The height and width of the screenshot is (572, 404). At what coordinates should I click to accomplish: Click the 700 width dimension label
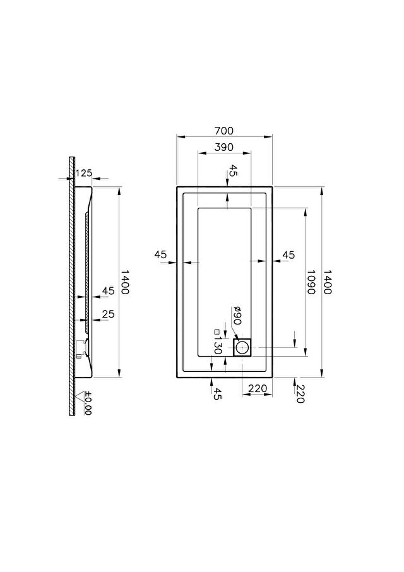(x=224, y=130)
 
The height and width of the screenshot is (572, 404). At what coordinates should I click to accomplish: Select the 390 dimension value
(x=224, y=147)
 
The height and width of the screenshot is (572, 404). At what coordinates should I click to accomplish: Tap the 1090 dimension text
(x=311, y=282)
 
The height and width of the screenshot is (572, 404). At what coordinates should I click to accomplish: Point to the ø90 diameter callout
(x=237, y=316)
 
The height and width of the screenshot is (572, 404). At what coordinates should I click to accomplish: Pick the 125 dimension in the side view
(x=85, y=172)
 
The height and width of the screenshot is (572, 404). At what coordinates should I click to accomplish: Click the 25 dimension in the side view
(x=109, y=314)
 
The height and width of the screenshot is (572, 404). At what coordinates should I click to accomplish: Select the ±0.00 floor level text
(x=88, y=403)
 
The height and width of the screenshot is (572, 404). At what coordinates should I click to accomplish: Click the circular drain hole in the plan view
(x=242, y=347)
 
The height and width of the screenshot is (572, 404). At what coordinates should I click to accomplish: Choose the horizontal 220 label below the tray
(x=258, y=388)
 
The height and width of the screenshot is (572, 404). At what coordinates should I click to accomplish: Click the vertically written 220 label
(x=299, y=394)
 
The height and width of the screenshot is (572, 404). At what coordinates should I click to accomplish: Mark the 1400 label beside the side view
(x=125, y=282)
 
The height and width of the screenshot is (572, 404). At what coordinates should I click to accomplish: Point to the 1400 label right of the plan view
(x=327, y=282)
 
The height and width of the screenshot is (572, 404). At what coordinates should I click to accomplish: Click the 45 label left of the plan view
(x=160, y=254)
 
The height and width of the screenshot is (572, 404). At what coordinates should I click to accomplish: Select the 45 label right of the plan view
(x=288, y=254)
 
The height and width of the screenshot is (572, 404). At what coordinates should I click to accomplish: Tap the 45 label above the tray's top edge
(x=233, y=170)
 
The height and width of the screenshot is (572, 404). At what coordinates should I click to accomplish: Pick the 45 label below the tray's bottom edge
(x=217, y=393)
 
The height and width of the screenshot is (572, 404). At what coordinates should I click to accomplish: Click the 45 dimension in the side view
(x=109, y=291)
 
